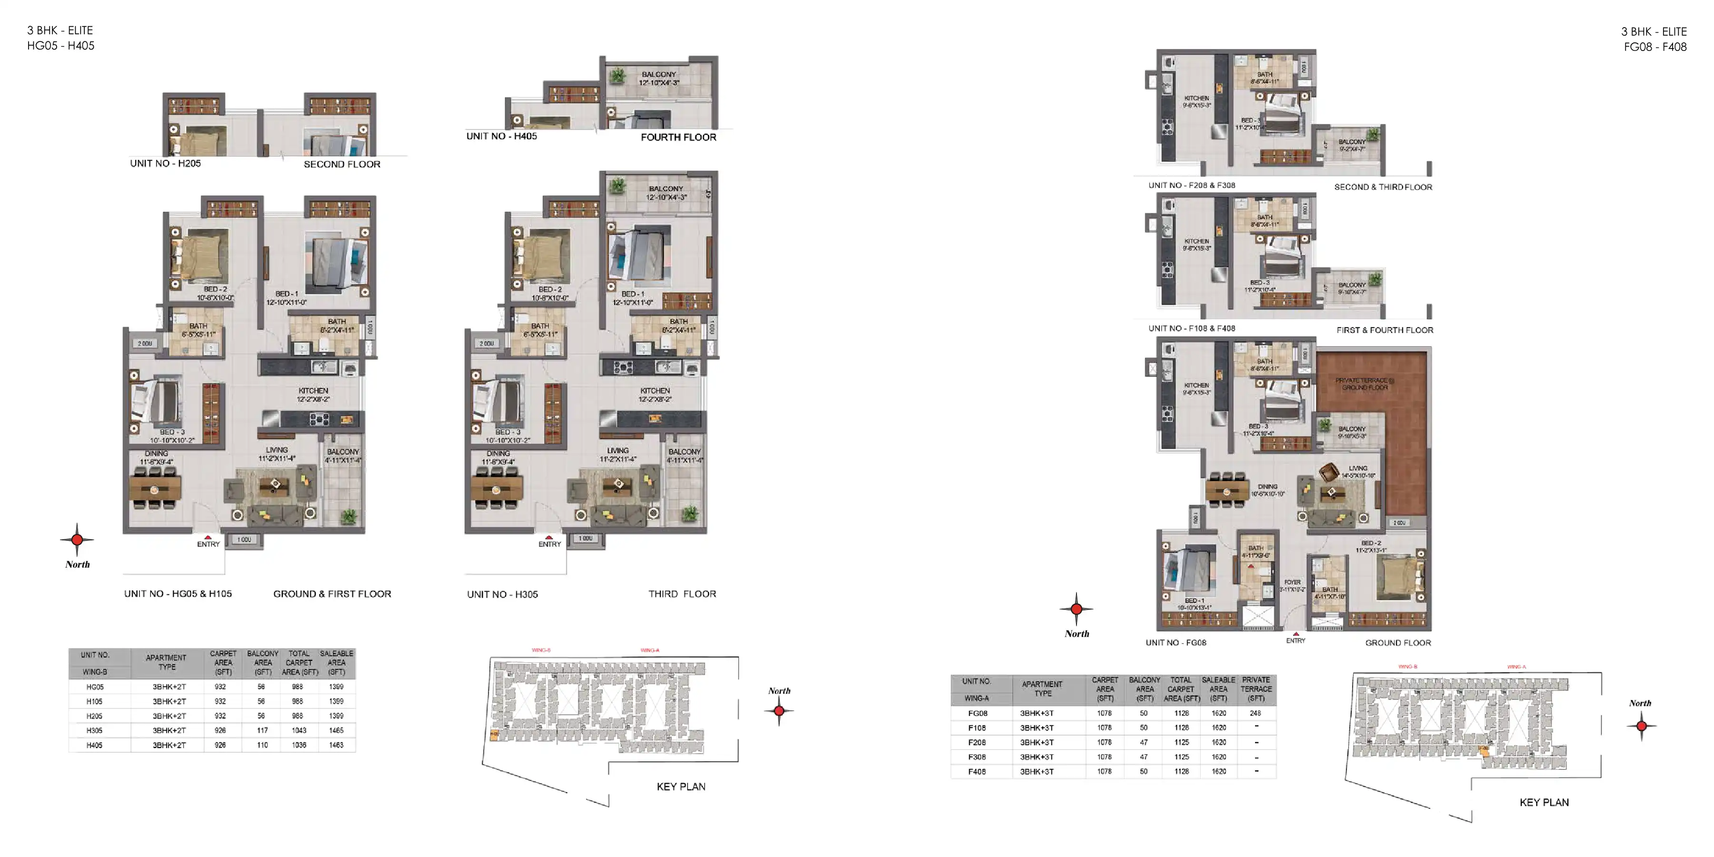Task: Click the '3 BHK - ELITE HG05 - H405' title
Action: (60, 38)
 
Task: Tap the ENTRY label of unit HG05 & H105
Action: (208, 544)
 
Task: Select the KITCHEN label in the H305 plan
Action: (655, 395)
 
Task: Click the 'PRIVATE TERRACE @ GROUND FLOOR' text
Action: (1364, 384)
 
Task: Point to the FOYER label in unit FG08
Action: (1292, 585)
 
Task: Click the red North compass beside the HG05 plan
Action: (77, 539)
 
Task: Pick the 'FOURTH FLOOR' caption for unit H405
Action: (678, 137)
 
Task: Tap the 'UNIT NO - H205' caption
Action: (165, 163)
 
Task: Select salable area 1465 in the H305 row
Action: (336, 730)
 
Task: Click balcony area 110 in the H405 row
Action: (262, 745)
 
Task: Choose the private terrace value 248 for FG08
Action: (1255, 713)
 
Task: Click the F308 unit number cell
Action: (977, 757)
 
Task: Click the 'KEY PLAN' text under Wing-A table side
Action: (1544, 802)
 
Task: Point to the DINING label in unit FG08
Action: (1267, 490)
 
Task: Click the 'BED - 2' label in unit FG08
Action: (1371, 546)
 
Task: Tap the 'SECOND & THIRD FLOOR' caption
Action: (1383, 187)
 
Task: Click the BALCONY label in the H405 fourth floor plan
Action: (659, 78)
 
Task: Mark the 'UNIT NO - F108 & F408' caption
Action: (1191, 328)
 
